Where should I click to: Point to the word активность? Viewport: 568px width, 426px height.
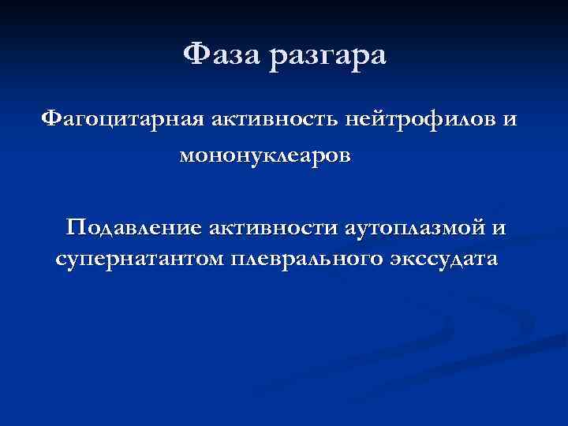[262, 120]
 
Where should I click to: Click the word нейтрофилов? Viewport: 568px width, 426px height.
[412, 120]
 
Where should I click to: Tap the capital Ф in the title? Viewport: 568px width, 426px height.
[195, 56]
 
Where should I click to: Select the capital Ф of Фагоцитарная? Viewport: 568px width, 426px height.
[51, 119]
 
